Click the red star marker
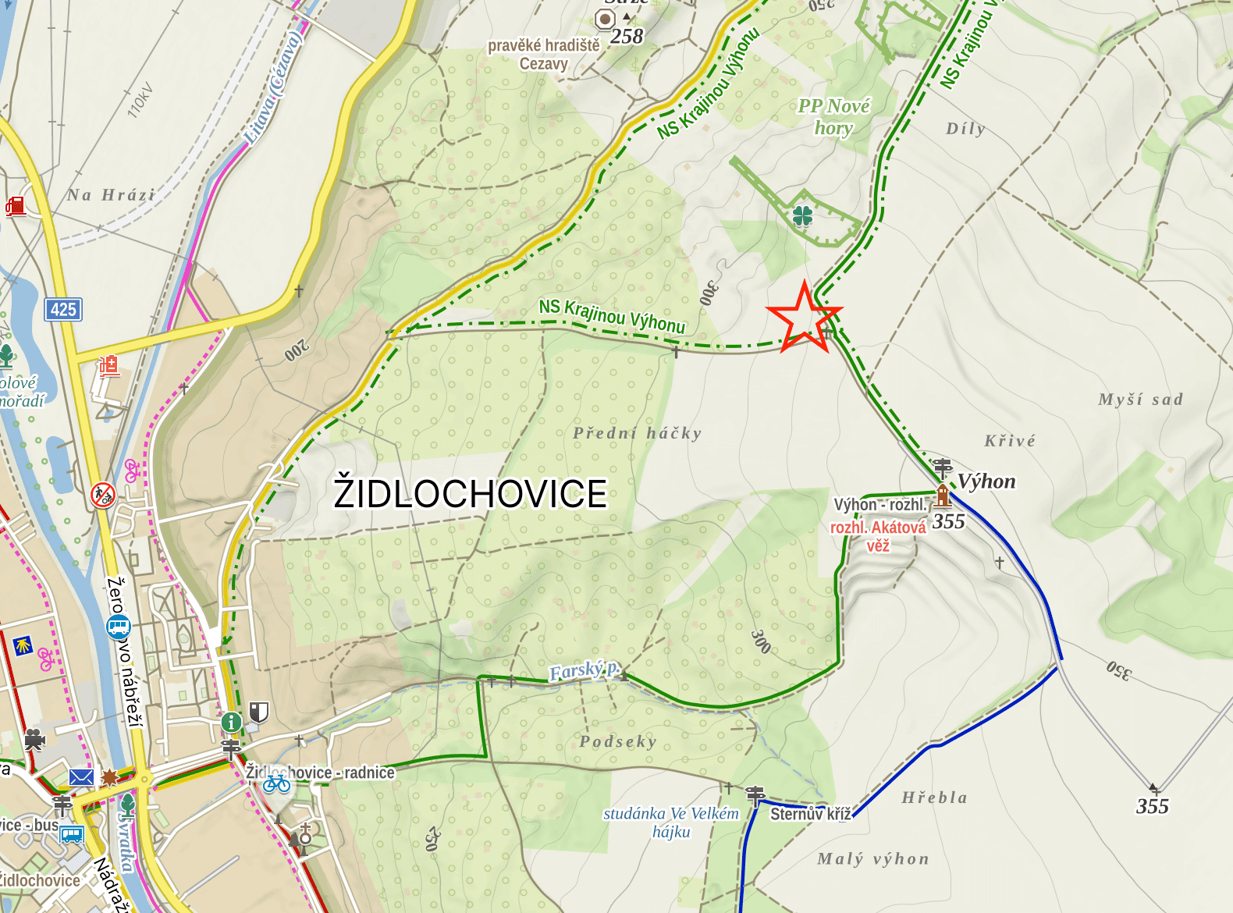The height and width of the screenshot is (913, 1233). (x=805, y=318)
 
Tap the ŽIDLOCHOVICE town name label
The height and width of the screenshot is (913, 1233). (x=470, y=494)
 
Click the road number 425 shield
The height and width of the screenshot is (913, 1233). (x=63, y=309)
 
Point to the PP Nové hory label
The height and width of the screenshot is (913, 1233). (x=833, y=116)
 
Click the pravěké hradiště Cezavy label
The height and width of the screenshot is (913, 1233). (x=544, y=55)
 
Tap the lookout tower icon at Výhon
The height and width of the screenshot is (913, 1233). (x=943, y=496)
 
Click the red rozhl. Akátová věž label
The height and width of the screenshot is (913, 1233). (x=878, y=536)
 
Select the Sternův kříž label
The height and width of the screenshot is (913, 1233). (x=810, y=814)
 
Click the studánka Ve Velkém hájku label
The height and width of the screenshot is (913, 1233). (x=671, y=822)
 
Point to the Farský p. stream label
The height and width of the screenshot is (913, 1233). (x=585, y=670)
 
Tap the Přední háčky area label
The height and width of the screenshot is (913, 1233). (x=637, y=433)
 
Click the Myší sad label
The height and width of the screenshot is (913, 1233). (x=1140, y=400)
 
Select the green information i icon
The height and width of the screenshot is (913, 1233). (x=231, y=722)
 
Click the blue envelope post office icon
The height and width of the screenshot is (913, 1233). (x=81, y=776)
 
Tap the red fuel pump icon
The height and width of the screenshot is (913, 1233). (x=16, y=206)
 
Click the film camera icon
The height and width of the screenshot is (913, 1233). (x=34, y=739)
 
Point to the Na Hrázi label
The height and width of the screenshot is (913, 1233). (x=111, y=195)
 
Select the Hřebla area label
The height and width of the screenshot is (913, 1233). (x=934, y=798)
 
